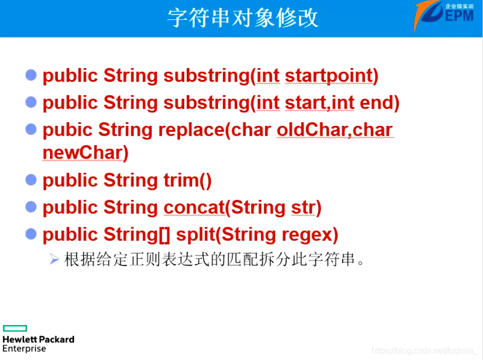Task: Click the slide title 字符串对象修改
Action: pyautogui.click(x=243, y=18)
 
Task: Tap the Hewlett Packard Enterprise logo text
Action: pyautogui.click(x=38, y=343)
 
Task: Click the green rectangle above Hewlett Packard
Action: pyautogui.click(x=15, y=328)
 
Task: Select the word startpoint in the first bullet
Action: pyautogui.click(x=332, y=76)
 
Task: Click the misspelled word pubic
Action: pyautogui.click(x=67, y=129)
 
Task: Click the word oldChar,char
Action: pyautogui.click(x=335, y=129)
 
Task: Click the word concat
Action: pyautogui.click(x=194, y=208)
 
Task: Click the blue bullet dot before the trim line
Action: pyautogui.click(x=31, y=180)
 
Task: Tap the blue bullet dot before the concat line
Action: pyautogui.click(x=31, y=207)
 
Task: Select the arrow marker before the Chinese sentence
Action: pyautogui.click(x=55, y=259)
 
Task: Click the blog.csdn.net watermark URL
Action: pyautogui.click(x=424, y=351)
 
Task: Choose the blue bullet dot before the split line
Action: pyautogui.click(x=31, y=234)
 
